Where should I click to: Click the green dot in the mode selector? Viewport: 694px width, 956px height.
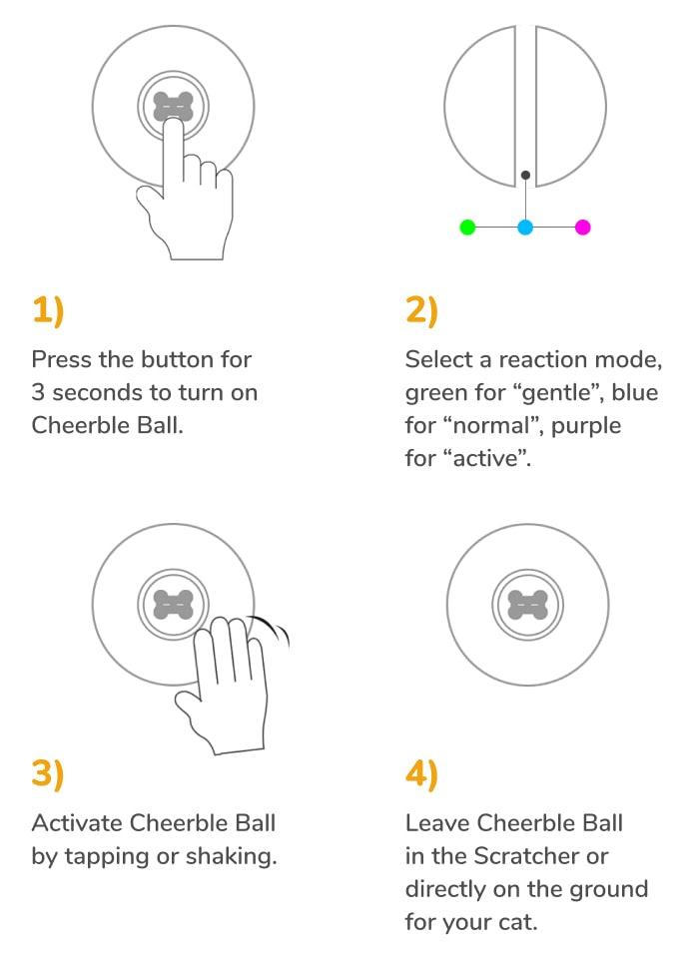tap(466, 228)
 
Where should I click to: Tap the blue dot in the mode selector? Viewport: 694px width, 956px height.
tap(525, 228)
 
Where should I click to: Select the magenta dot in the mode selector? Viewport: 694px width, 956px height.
tap(583, 228)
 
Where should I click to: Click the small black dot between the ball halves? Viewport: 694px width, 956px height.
tap(525, 176)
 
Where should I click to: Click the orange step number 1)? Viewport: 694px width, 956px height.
tap(48, 311)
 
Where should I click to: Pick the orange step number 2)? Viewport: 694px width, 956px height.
tap(421, 311)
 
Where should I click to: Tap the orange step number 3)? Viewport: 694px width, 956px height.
tap(48, 774)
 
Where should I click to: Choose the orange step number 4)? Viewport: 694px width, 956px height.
tap(421, 774)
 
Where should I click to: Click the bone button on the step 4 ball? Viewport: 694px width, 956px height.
tap(528, 605)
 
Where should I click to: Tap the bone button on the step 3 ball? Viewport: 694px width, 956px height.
tap(174, 605)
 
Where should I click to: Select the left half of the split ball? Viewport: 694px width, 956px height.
tap(481, 105)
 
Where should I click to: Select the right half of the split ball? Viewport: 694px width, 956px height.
tap(571, 105)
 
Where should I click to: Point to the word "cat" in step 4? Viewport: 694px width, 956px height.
tap(517, 922)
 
